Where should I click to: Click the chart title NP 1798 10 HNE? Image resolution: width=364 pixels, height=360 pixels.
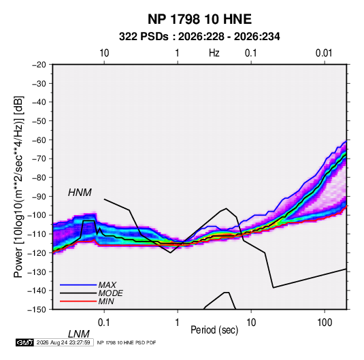coord(199,19)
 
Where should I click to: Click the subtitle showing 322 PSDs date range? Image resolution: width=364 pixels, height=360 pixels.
coord(199,37)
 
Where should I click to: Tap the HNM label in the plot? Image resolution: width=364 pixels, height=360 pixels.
coord(80,193)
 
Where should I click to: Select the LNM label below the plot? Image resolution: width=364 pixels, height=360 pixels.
coord(78,334)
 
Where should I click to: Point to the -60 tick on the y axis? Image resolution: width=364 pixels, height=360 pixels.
coord(39,140)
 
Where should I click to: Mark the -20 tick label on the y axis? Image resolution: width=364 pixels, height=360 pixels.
coord(39,65)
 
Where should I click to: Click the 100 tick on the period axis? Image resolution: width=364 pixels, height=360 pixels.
coord(325,323)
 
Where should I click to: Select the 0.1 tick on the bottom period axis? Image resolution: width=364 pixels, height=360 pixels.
coord(104,323)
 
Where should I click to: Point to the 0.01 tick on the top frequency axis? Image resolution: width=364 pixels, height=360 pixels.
coord(324,53)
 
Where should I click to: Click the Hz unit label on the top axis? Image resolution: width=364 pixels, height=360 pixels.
coord(214,53)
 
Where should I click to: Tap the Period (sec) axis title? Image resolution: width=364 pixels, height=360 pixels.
coord(214,330)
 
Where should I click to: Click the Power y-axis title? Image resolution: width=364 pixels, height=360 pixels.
coord(18,186)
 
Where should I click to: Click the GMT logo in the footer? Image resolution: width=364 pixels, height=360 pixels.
coord(24,342)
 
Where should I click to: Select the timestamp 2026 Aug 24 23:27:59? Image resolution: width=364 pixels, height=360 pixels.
coord(63,342)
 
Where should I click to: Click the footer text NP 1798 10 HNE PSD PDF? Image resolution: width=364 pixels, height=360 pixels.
coord(127,342)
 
